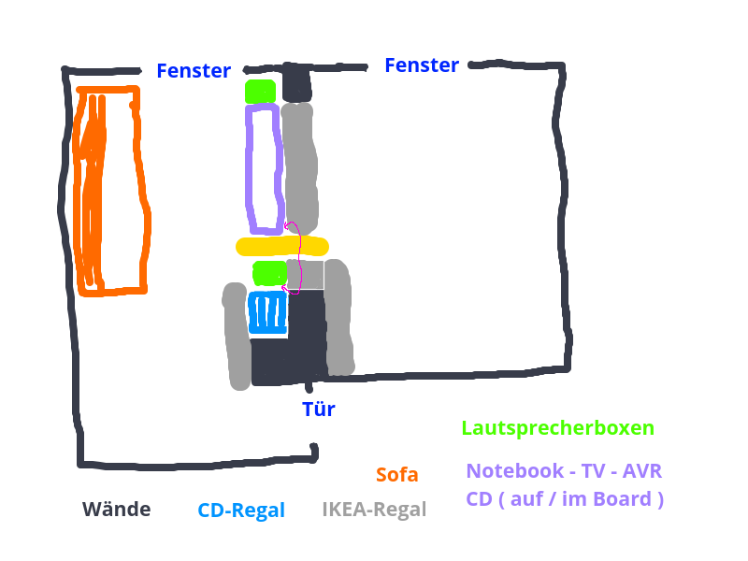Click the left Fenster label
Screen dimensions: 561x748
194,70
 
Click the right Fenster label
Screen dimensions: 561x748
422,65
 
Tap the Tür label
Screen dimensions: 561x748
318,409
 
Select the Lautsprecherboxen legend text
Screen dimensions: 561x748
557,428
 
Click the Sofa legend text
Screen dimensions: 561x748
397,475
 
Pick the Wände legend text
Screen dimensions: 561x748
116,510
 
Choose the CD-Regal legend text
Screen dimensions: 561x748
241,511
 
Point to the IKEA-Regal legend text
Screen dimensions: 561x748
374,510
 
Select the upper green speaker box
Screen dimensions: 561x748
260,92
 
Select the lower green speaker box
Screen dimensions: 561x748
269,273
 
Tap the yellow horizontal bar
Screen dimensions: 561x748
281,247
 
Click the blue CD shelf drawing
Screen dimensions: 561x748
267,313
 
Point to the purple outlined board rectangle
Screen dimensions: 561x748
250,168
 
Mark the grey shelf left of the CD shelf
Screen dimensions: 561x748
237,337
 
